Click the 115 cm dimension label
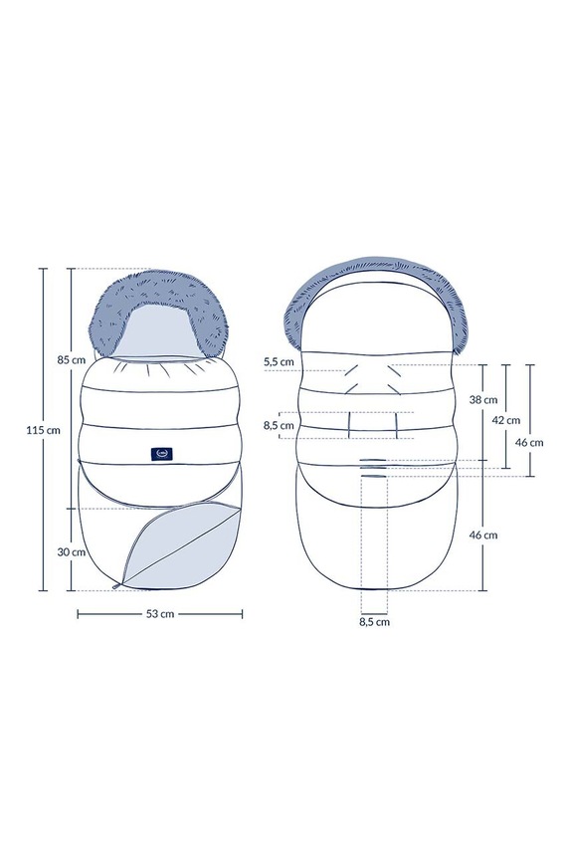point(43,430)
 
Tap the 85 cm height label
point(72,360)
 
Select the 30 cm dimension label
point(72,551)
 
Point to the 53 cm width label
point(160,614)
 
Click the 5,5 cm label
point(279,361)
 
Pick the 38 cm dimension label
point(483,400)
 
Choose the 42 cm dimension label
point(506,420)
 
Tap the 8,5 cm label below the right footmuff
point(375,622)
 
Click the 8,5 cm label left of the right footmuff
point(279,426)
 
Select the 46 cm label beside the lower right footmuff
point(483,536)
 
